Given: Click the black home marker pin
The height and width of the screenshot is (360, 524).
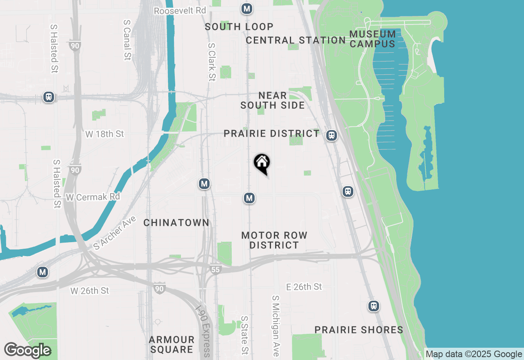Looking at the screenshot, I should click(x=262, y=164).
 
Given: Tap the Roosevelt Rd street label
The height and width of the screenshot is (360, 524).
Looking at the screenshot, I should click(x=180, y=10).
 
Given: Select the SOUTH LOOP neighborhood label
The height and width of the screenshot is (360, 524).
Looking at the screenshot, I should click(x=239, y=27).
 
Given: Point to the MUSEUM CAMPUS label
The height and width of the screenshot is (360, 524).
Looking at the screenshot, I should click(x=373, y=39).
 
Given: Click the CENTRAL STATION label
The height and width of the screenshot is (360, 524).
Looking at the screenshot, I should click(x=296, y=40).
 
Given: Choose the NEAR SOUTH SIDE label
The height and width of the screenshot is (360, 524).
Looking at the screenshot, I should click(x=273, y=100).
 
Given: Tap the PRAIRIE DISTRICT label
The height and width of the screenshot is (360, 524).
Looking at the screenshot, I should click(x=272, y=133).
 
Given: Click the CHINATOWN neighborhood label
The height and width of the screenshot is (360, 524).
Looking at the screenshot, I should click(x=176, y=223).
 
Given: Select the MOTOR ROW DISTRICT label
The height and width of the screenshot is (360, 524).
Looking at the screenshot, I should click(x=274, y=240).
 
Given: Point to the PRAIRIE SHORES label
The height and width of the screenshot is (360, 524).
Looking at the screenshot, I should click(x=359, y=330).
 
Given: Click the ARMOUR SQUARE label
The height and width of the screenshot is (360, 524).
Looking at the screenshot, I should click(x=172, y=344).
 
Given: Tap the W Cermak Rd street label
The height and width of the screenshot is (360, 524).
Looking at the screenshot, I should click(x=93, y=197).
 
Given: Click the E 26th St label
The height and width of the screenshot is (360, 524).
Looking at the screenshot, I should click(x=304, y=287).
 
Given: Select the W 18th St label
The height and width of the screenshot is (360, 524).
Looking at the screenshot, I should click(x=104, y=134).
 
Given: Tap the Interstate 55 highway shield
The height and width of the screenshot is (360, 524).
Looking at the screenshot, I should click(x=216, y=269).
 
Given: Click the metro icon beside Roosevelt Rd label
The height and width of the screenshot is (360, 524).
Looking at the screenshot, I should click(x=246, y=9).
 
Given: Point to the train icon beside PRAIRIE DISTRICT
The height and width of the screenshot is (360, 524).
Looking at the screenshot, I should click(x=332, y=135).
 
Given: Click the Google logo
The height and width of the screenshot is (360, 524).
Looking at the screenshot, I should click(x=27, y=350).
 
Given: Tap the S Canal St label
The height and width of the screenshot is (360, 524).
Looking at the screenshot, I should click(x=127, y=41).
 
